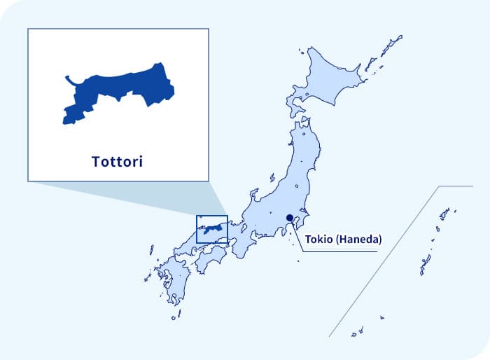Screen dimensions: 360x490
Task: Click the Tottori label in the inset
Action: (x=117, y=162)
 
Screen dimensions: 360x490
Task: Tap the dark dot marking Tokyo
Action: (x=290, y=218)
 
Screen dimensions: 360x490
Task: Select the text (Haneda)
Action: (x=359, y=240)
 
